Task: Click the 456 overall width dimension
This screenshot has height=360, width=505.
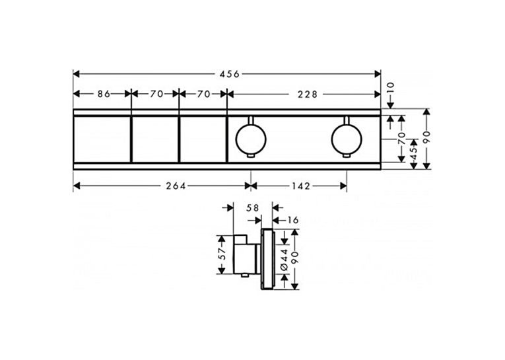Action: pyautogui.click(x=230, y=74)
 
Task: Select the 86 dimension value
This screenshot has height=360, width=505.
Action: pyautogui.click(x=104, y=94)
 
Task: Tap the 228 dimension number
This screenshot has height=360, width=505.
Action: pyautogui.click(x=307, y=94)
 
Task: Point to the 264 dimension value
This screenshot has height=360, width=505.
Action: pyautogui.click(x=176, y=186)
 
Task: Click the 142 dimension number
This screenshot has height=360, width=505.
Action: pyautogui.click(x=300, y=186)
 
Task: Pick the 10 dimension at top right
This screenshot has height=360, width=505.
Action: pyautogui.click(x=390, y=88)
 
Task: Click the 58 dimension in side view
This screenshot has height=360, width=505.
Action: pyautogui.click(x=252, y=208)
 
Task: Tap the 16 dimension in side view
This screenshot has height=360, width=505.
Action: pyautogui.click(x=292, y=220)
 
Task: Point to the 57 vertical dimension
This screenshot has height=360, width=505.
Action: pyautogui.click(x=222, y=254)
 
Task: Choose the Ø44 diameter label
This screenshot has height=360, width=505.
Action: pyautogui.click(x=284, y=260)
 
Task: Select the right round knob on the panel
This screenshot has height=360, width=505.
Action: pyautogui.click(x=347, y=139)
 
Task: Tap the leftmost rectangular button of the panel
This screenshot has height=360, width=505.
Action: pyautogui.click(x=102, y=139)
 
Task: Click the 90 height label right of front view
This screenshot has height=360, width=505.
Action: pyautogui.click(x=426, y=137)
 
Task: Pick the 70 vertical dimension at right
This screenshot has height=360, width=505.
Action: pyautogui.click(x=401, y=139)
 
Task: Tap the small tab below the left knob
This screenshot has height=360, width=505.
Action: pyautogui.click(x=252, y=157)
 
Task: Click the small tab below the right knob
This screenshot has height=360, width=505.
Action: pyautogui.click(x=347, y=157)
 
